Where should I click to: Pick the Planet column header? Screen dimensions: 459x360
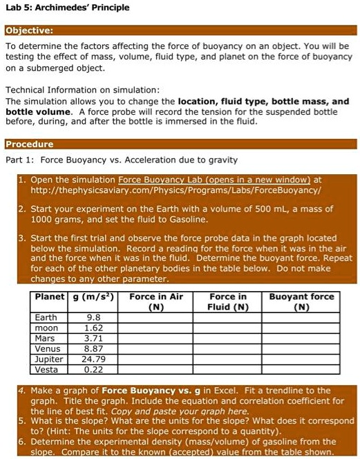tap(49, 297)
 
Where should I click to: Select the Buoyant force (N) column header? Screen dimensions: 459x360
tap(301, 301)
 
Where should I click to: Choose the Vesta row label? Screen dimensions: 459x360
tap(46, 370)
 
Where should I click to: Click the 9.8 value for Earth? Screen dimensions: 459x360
tap(93, 318)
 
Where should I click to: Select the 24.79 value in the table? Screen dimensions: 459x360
tap(93, 359)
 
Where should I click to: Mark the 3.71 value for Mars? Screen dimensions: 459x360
tap(93, 339)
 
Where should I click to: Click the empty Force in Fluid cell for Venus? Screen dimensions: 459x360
tap(228, 349)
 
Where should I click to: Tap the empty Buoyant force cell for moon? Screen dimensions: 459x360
tap(301, 328)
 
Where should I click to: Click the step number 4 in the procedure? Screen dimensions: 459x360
tap(23, 391)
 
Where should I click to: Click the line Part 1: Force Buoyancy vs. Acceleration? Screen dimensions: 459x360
tap(122, 160)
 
